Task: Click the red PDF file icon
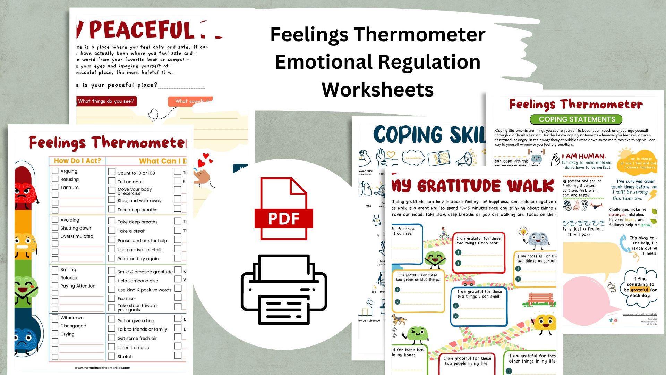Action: [284, 208]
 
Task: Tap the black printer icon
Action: [284, 290]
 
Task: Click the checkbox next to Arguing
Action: [55, 171]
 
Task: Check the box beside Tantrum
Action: [55, 187]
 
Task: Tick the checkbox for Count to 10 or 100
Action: [112, 172]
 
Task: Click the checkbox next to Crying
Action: [55, 334]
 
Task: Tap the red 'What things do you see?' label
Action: [106, 101]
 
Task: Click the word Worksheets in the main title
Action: [377, 89]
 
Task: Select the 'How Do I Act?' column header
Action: [77, 161]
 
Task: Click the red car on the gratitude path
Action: [468, 281]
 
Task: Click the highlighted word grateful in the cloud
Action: [640, 290]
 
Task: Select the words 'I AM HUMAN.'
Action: [583, 156]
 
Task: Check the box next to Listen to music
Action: [112, 347]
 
